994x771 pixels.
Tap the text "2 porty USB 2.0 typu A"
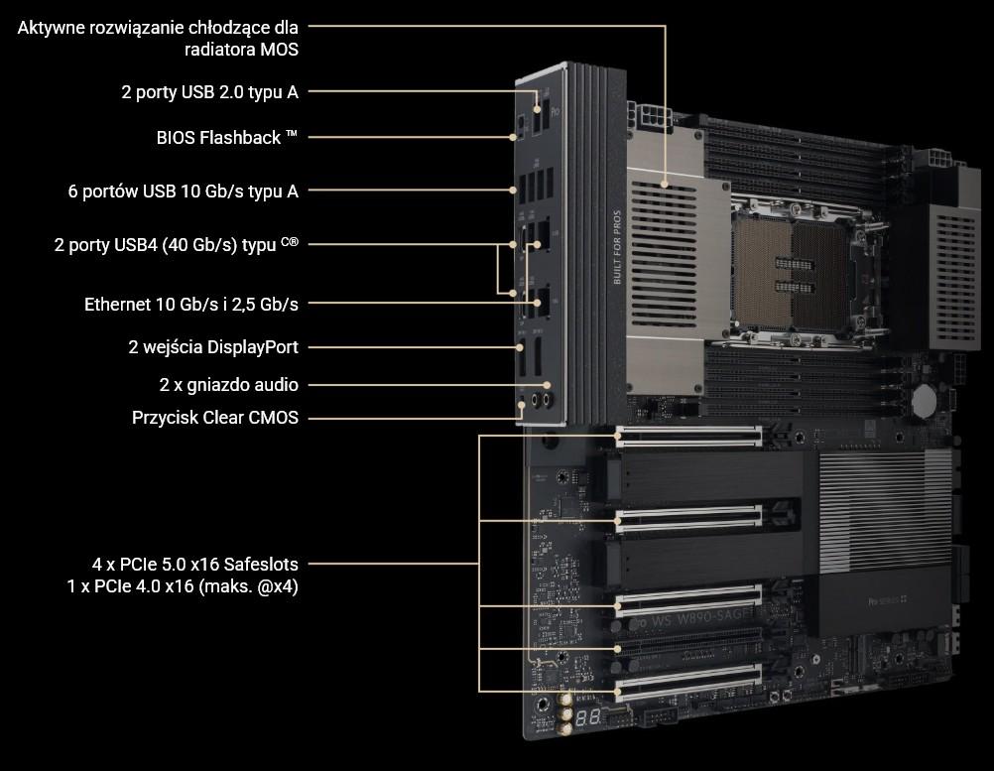point(210,92)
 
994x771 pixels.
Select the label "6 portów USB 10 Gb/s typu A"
point(184,191)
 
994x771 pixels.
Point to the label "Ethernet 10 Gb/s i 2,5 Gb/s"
point(190,305)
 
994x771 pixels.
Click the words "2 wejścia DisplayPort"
point(213,347)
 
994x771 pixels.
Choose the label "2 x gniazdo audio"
point(229,385)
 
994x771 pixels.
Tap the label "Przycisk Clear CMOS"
point(215,418)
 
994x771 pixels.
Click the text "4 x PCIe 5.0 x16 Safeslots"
point(195,564)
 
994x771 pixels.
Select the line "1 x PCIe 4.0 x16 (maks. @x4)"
point(183,585)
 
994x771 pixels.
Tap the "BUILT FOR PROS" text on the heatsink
point(617,247)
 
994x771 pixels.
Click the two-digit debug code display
point(588,717)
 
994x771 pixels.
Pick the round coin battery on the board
point(924,401)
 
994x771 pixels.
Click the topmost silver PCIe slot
point(689,437)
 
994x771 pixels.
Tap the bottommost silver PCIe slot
point(689,683)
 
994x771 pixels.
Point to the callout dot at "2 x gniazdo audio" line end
point(547,385)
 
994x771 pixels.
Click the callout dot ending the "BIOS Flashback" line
point(513,137)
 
